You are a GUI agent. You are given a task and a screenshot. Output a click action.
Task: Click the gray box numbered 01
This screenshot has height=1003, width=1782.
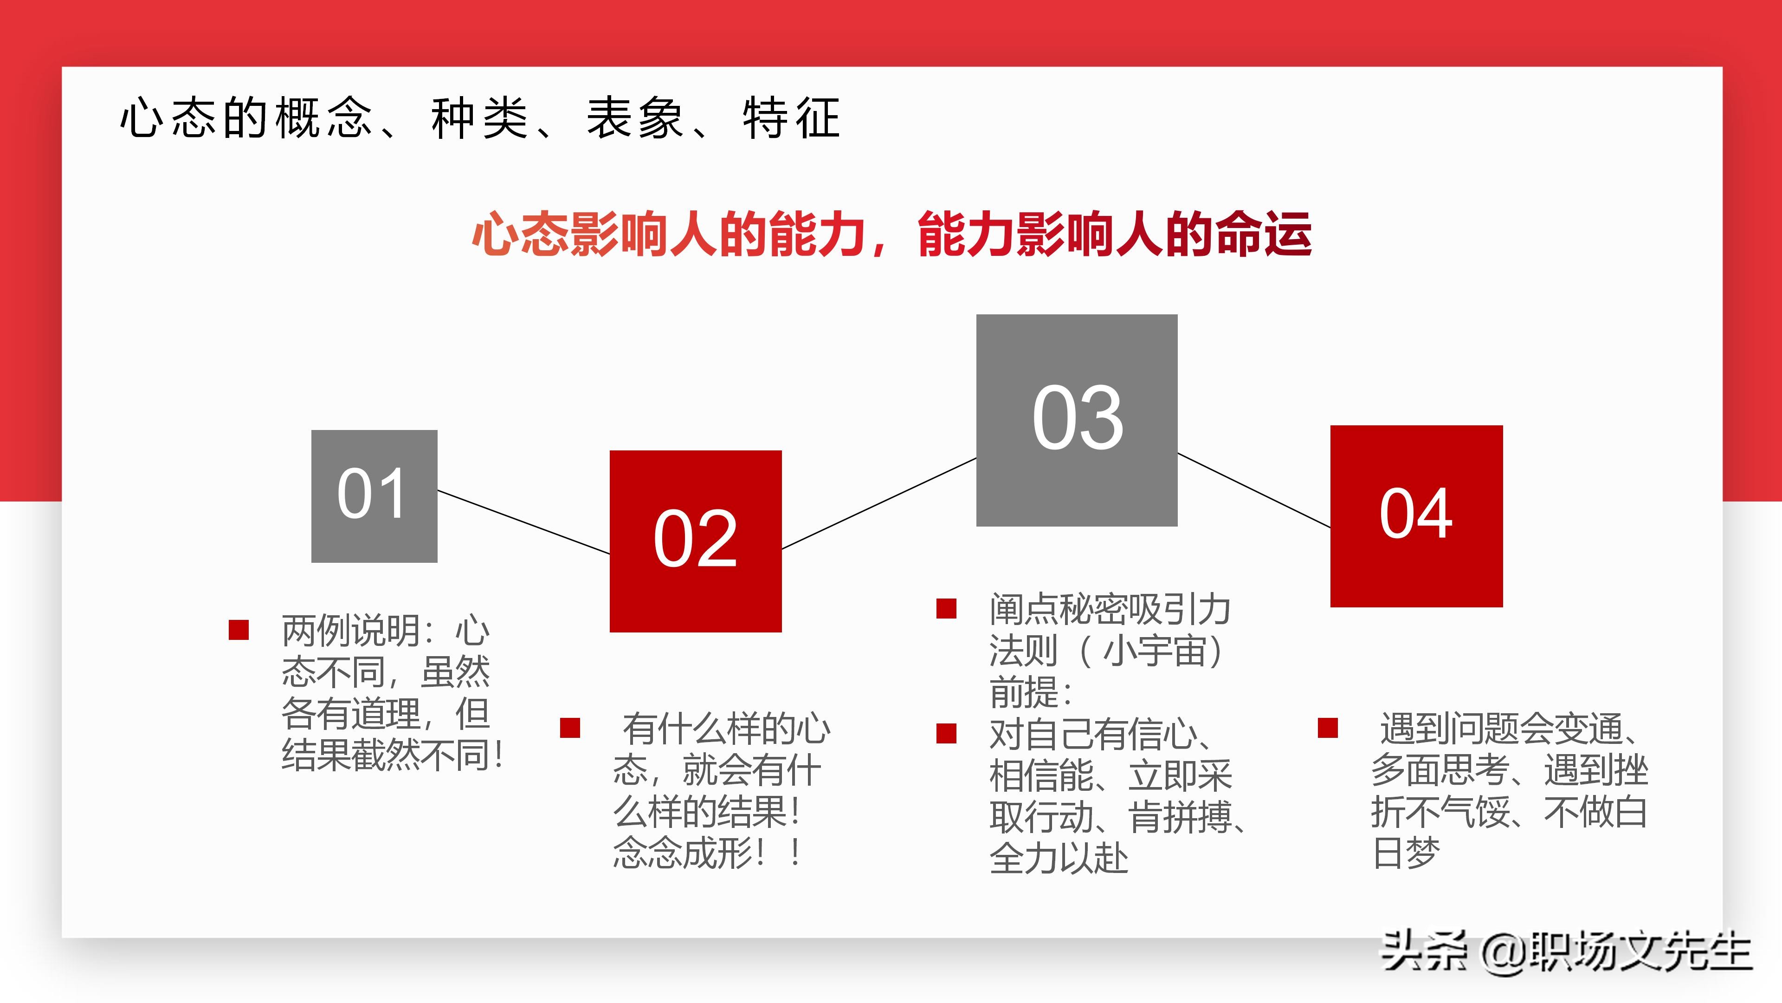point(374,495)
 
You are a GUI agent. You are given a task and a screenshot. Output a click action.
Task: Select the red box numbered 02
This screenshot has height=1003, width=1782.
point(695,541)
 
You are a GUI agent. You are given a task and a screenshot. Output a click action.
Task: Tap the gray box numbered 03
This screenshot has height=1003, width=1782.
point(1077,419)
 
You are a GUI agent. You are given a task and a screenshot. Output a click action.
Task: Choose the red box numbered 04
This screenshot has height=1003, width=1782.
point(1416,516)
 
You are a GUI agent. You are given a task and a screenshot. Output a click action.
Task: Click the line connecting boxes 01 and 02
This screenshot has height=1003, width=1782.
point(523,522)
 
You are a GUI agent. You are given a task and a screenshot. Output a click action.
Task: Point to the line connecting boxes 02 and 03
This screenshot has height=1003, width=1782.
point(878,503)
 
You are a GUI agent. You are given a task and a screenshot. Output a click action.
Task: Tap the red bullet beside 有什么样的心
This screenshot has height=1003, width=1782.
point(570,728)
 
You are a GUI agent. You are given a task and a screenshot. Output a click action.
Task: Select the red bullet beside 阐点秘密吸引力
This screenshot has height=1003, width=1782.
point(946,608)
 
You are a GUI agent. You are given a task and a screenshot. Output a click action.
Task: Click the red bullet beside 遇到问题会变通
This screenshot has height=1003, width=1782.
point(1328,728)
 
